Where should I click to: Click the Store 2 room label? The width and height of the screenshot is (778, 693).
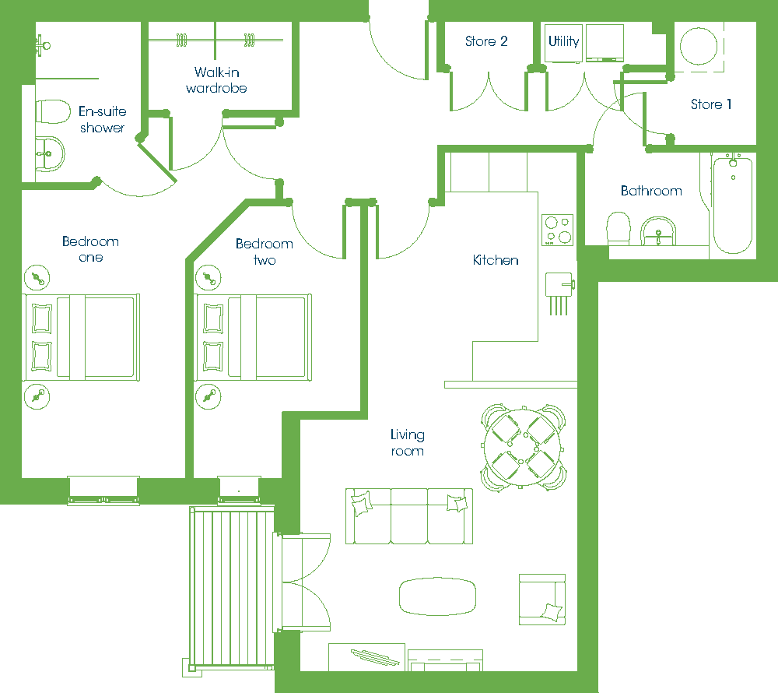pos(486,41)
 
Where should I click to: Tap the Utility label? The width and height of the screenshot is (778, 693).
pos(563,41)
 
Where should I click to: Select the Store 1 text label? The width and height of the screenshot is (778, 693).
pos(711,104)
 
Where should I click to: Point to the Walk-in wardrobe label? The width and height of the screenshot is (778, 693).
pos(216,80)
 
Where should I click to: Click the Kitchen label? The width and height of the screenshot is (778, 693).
pos(496,260)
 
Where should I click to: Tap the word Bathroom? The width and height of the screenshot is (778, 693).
pos(651,191)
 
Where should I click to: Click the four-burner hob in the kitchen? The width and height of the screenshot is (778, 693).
pos(557,230)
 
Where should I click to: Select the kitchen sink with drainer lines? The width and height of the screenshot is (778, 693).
pos(559,293)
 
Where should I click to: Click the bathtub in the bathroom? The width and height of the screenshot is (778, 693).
pos(733,205)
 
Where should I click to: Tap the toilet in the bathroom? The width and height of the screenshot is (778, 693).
pos(619,228)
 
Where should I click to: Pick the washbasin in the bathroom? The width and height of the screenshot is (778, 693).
pos(658,231)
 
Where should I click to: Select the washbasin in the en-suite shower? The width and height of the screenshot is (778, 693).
pos(50,154)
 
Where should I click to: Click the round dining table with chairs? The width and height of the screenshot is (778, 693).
pos(523,447)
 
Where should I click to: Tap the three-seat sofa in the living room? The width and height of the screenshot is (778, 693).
pos(409,516)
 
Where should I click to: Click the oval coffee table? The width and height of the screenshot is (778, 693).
pos(437,596)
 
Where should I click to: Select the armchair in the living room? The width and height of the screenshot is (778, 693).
pos(542,600)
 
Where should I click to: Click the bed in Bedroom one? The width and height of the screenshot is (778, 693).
pos(81,338)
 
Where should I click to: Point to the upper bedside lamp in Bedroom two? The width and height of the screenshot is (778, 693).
pos(209,278)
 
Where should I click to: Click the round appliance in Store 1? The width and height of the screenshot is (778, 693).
pos(699,46)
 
